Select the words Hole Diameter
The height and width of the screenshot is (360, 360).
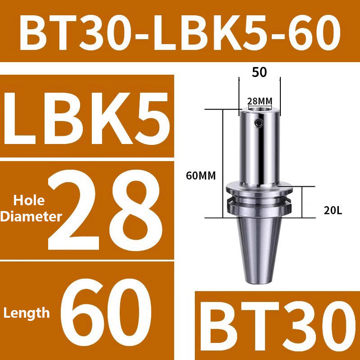(x=31, y=208)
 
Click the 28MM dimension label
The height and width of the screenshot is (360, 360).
(x=260, y=101)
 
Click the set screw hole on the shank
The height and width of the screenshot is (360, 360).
(x=257, y=123)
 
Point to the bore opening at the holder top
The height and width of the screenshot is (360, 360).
(x=260, y=109)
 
